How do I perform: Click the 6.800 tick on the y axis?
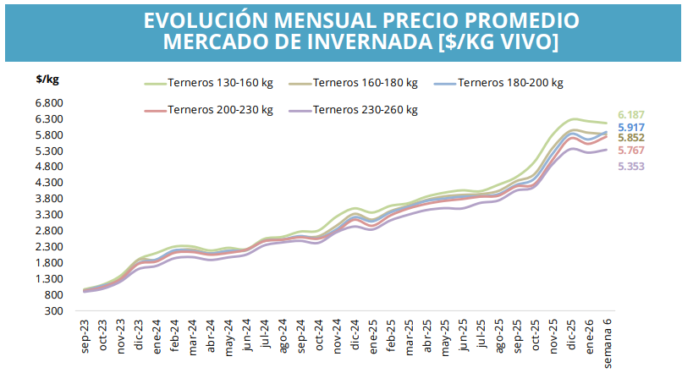(50, 102)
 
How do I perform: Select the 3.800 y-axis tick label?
(50, 199)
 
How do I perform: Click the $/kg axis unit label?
(47, 80)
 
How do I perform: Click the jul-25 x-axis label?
(481, 336)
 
